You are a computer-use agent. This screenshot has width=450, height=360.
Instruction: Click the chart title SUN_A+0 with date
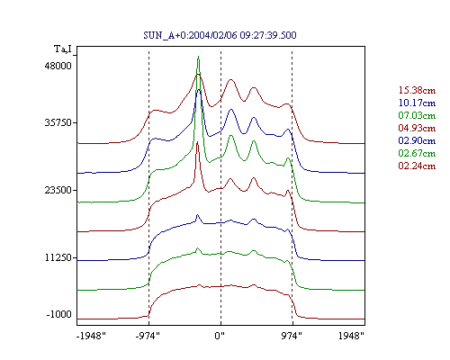coord(220,35)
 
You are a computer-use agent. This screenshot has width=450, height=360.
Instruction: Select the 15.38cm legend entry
coord(417,90)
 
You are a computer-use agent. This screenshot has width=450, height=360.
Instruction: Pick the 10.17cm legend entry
coord(417,103)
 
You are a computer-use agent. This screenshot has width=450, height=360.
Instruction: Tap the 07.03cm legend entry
coord(417,115)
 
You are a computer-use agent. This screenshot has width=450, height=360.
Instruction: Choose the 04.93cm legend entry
coord(417,128)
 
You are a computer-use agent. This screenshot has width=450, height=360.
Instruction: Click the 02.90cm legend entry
coord(417,140)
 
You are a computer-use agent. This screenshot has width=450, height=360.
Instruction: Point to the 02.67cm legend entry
coord(417,153)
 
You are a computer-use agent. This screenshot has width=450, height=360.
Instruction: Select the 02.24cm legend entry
coord(417,166)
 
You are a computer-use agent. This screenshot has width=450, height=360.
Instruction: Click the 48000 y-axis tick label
coord(58,66)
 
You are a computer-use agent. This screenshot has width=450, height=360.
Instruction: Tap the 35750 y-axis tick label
coord(58,122)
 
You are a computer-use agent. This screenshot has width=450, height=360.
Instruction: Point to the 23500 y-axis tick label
coord(58,190)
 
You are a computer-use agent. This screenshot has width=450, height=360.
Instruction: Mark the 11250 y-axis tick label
coord(58,257)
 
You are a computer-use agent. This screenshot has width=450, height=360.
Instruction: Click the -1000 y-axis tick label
coord(59,314)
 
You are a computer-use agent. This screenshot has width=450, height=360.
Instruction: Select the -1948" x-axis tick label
coord(92,336)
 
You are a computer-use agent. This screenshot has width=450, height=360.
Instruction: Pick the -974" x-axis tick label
coord(148,336)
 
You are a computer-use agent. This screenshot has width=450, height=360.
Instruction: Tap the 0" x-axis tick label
coord(220,336)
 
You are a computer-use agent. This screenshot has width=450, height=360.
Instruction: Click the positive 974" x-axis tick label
coord(292,336)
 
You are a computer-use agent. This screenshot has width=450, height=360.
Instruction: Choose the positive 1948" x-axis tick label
coord(351,336)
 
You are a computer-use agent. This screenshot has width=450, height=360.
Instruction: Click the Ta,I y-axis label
coord(63,49)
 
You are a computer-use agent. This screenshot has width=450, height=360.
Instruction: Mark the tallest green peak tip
coord(198,56)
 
